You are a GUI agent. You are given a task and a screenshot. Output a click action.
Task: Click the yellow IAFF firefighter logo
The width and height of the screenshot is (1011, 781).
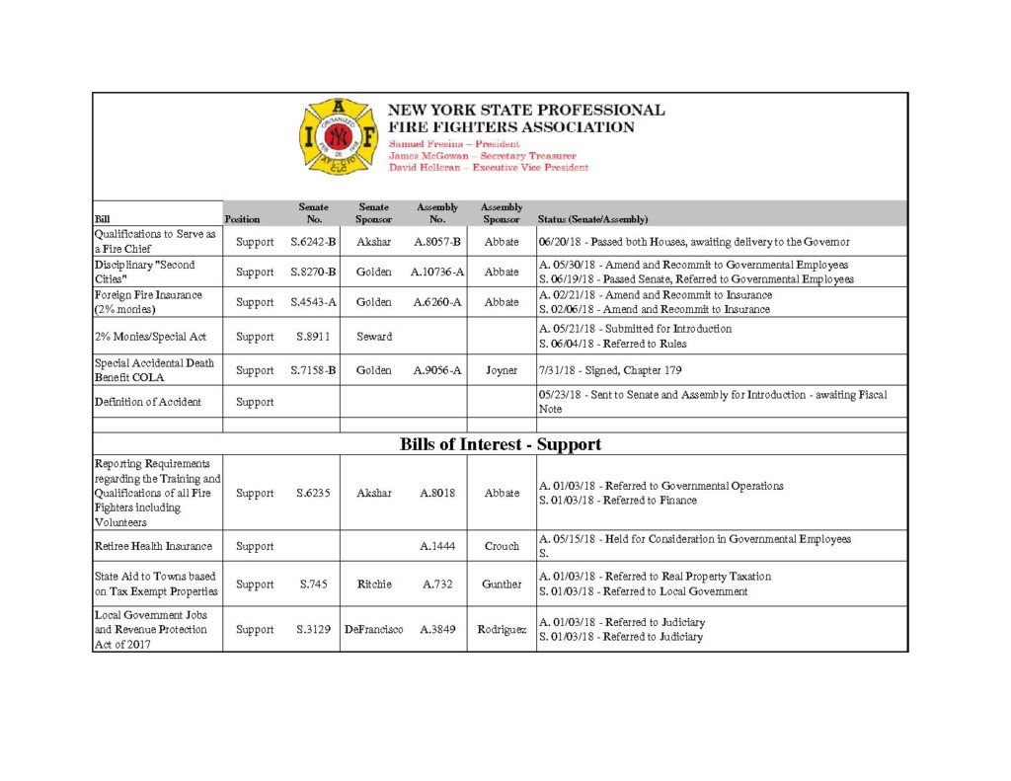click(x=339, y=137)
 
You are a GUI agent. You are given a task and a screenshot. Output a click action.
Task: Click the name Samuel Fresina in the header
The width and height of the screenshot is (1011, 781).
click(x=422, y=144)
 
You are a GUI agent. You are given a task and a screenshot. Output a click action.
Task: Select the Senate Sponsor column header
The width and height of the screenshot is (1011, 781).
click(x=373, y=212)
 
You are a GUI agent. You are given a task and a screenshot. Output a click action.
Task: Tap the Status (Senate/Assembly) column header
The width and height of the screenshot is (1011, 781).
click(x=592, y=219)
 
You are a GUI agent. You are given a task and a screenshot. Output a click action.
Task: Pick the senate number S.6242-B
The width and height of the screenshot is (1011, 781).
click(x=313, y=242)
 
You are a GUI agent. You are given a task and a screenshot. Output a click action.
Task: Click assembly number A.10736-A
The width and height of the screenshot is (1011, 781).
click(x=437, y=272)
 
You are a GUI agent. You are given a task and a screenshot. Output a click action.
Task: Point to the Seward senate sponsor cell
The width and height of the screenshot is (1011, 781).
click(x=373, y=337)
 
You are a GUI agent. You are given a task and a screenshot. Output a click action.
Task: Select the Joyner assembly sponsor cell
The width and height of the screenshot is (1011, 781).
click(x=502, y=370)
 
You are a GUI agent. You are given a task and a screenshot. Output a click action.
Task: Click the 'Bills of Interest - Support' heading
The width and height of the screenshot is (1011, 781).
click(x=501, y=444)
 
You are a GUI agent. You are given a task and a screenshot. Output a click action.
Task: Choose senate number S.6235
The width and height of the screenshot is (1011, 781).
click(x=313, y=493)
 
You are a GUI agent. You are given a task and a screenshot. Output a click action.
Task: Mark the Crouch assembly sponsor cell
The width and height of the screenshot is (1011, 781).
click(x=502, y=546)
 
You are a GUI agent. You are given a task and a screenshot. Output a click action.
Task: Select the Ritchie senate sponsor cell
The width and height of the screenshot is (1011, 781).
click(x=373, y=585)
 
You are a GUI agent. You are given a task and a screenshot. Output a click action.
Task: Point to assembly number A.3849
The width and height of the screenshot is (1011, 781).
click(x=437, y=629)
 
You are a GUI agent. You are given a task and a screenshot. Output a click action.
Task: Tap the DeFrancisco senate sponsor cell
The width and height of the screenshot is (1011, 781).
click(x=373, y=629)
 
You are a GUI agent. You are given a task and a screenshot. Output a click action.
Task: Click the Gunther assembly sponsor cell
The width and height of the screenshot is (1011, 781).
click(x=502, y=585)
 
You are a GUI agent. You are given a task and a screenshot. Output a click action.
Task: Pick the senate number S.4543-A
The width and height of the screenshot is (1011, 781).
click(x=313, y=302)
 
